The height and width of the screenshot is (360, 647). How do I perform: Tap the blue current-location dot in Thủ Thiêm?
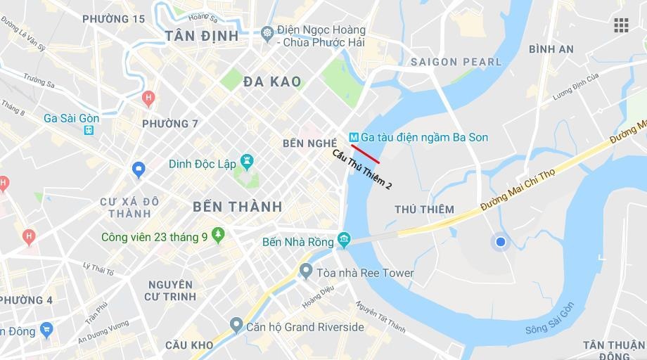(501, 242)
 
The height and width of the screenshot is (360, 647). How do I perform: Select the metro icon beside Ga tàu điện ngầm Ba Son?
(354, 137)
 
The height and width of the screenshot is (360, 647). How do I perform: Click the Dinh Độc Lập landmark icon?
(247, 163)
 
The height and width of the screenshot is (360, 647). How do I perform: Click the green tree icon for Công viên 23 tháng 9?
(218, 236)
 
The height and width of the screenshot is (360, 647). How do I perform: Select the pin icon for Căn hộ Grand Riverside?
(236, 326)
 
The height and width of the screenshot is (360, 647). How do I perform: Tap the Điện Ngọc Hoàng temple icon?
(267, 32)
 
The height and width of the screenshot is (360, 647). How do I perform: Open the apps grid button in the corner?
(621, 25)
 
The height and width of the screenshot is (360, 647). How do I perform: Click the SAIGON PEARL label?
(456, 62)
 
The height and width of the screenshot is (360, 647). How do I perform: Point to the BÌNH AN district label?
(551, 49)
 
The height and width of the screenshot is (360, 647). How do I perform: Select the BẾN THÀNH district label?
(237, 207)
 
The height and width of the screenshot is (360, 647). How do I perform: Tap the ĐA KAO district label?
(272, 82)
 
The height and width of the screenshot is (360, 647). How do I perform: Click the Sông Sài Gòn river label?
(550, 320)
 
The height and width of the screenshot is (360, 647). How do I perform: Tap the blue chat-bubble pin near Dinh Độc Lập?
(139, 169)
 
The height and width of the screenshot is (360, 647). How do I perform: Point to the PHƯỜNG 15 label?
(113, 19)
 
